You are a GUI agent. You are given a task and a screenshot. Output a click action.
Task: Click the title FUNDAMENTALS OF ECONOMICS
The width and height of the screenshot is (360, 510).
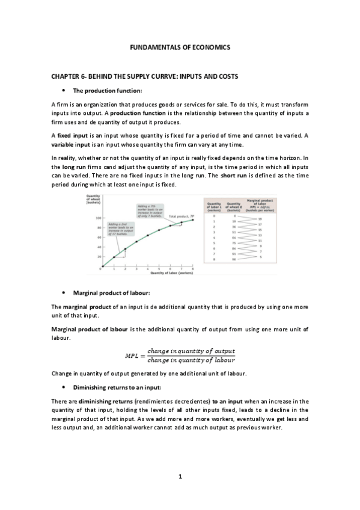coord(180,46)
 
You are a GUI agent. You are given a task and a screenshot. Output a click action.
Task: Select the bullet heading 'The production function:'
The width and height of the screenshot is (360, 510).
coord(107,91)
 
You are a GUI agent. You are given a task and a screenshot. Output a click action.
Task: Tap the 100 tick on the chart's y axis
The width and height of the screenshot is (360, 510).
coord(97,218)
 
